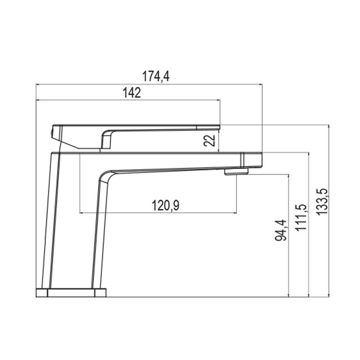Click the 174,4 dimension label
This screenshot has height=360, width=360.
coord(156,76)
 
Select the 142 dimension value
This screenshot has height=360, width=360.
coord(131,93)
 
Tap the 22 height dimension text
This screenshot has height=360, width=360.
coord(209,140)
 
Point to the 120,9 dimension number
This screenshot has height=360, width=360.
coord(166,206)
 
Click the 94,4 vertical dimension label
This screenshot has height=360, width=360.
coord(281,230)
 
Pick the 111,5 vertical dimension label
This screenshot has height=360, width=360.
coord(301,217)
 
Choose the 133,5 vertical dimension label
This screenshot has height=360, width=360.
coord(322,202)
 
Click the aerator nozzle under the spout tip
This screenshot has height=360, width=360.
coord(237,172)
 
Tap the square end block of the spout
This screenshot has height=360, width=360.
coord(252,160)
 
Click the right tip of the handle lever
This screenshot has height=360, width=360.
coord(220,127)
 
